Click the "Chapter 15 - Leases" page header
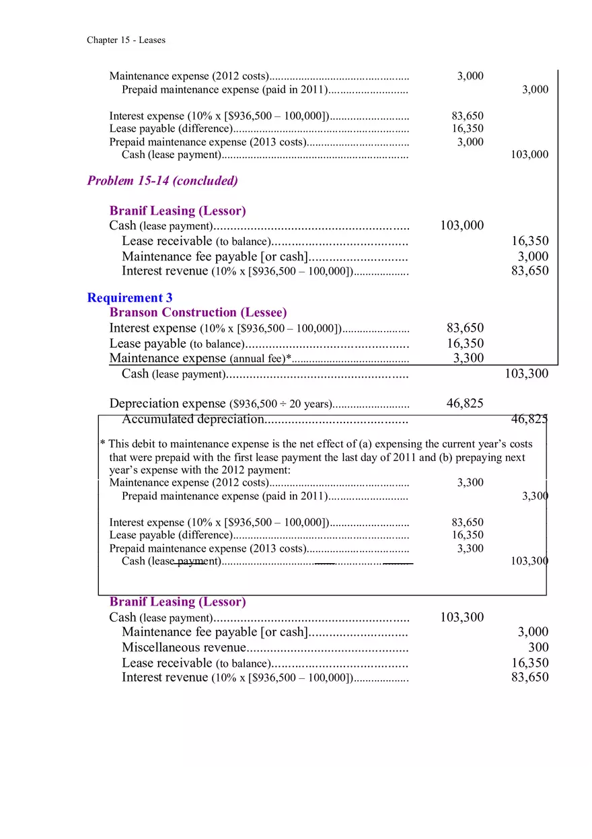(x=126, y=40)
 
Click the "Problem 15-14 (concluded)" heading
(x=162, y=180)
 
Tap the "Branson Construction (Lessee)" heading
(x=198, y=312)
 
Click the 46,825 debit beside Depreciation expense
(x=465, y=404)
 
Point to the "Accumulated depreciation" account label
(x=192, y=420)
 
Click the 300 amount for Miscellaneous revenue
(x=538, y=647)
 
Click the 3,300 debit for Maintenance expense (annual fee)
(x=468, y=358)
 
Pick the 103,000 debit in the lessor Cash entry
(x=461, y=225)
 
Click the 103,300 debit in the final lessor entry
(x=461, y=617)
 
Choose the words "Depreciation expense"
(x=168, y=404)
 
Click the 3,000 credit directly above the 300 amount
(x=533, y=632)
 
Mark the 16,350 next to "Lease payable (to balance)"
(x=465, y=343)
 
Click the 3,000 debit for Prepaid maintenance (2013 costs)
(x=470, y=142)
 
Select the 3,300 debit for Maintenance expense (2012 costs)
(x=470, y=482)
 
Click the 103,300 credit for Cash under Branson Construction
(x=526, y=374)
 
